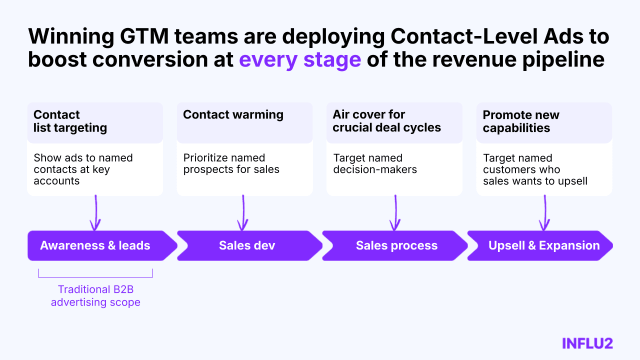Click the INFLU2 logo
(587, 343)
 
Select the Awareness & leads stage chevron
(95, 245)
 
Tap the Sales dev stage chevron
(247, 245)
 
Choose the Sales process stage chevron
(396, 245)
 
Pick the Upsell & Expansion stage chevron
(544, 245)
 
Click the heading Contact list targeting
(70, 121)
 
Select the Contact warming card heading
(233, 114)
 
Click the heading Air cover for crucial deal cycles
(386, 121)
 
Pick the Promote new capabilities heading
(521, 121)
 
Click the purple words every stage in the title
(300, 59)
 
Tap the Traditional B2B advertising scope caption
(95, 295)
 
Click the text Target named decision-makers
(375, 163)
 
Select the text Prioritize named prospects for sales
(231, 163)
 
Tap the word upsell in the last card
(572, 181)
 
